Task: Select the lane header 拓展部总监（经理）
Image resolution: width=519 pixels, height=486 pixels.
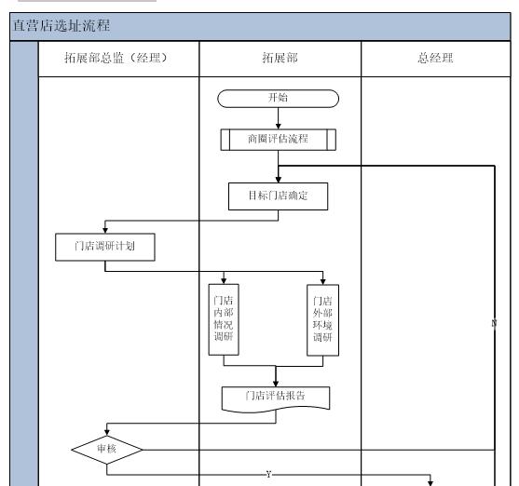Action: click(117, 58)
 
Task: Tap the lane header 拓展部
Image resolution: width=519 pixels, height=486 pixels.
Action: click(279, 58)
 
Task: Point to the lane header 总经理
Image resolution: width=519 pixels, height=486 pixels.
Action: click(435, 58)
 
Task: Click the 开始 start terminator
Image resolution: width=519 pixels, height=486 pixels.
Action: click(279, 97)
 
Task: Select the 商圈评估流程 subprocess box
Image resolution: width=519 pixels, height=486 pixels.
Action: click(279, 141)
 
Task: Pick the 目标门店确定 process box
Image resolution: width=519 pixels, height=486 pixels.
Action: click(279, 196)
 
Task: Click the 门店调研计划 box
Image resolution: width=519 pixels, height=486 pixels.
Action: click(103, 248)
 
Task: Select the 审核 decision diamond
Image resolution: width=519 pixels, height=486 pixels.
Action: click(107, 448)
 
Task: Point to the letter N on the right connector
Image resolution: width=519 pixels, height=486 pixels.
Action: click(494, 322)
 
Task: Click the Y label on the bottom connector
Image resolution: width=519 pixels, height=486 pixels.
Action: click(268, 475)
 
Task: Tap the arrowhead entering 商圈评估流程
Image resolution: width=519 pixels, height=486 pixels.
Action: click(279, 126)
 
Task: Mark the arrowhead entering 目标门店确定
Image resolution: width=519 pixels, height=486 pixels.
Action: click(279, 181)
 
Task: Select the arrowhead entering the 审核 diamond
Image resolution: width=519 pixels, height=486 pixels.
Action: click(107, 431)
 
